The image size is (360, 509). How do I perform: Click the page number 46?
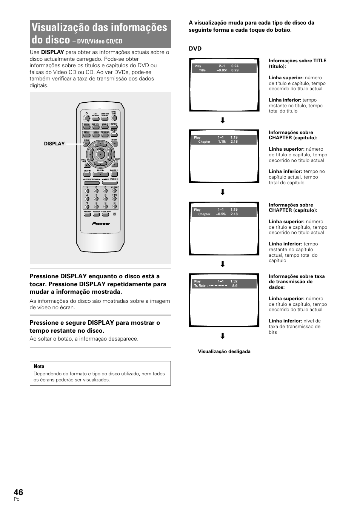coord(18,492)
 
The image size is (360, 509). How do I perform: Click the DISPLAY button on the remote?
coord(86,143)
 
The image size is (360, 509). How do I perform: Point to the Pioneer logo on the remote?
coord(101,224)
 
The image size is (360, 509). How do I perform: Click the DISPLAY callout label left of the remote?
coord(54,143)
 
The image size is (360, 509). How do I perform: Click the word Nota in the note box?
coord(39,366)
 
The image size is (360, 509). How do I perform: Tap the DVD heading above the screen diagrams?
coord(195,48)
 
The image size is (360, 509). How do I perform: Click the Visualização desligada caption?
coord(224,352)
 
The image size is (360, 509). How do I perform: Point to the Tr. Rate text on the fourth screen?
coord(200,286)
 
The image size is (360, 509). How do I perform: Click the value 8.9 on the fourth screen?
coord(235,286)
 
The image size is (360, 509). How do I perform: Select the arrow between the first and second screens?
coord(223,120)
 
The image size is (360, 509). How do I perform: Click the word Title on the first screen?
coord(202,70)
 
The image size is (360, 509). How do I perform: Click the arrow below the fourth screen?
coord(223,336)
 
